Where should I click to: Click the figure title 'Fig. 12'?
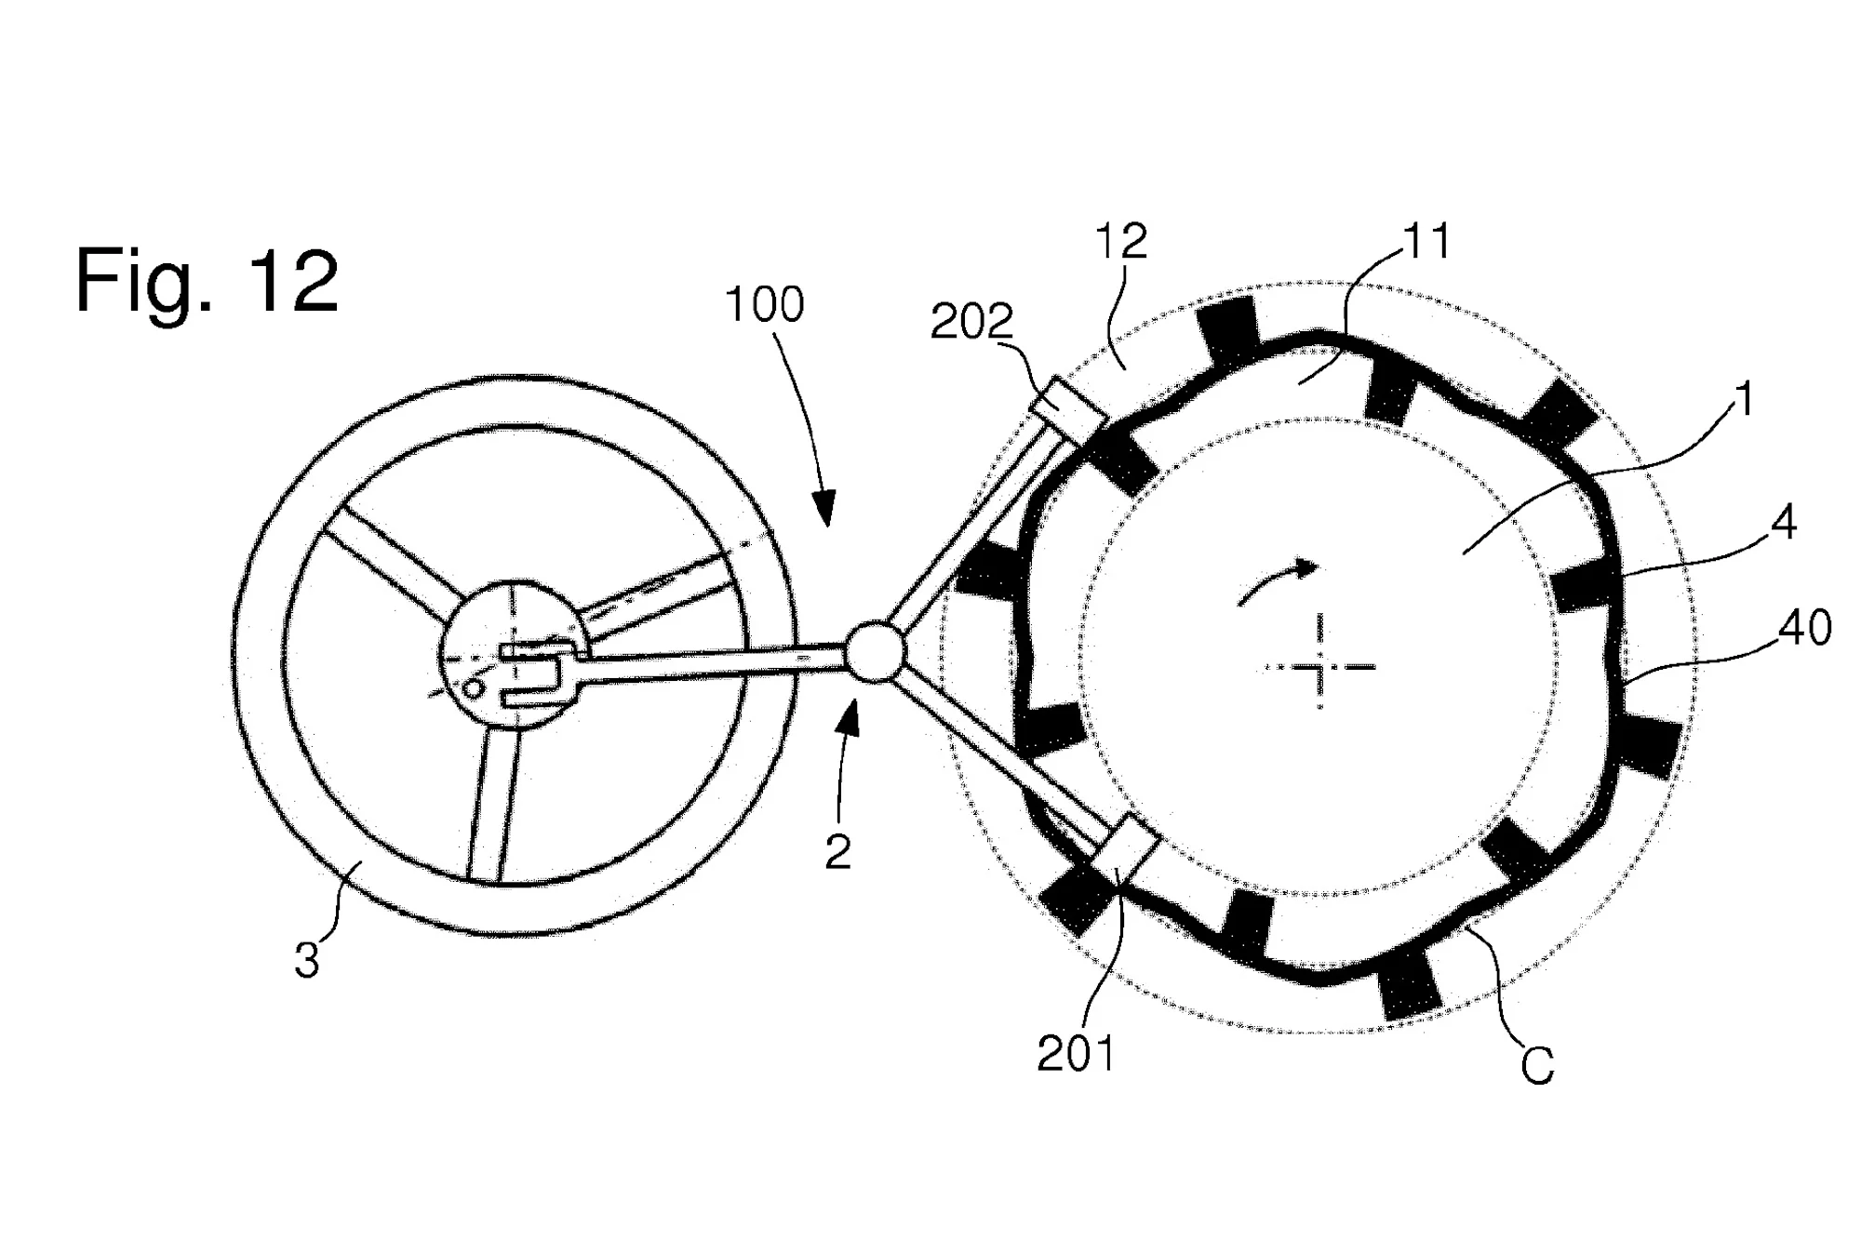(x=207, y=281)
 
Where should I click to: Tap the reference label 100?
(x=764, y=305)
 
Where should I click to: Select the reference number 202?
(x=971, y=323)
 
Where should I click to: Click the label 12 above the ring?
(x=1120, y=242)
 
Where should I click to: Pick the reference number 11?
(x=1426, y=242)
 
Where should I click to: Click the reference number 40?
(x=1805, y=629)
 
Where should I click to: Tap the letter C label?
(x=1537, y=1066)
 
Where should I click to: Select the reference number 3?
(x=307, y=961)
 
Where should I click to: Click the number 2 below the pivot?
(x=837, y=851)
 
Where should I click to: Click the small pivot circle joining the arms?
(x=874, y=651)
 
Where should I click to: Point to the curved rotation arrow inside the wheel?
(x=1277, y=582)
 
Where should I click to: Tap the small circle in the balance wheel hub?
(x=474, y=689)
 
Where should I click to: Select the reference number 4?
(x=1783, y=523)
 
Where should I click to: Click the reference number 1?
(x=1745, y=400)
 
